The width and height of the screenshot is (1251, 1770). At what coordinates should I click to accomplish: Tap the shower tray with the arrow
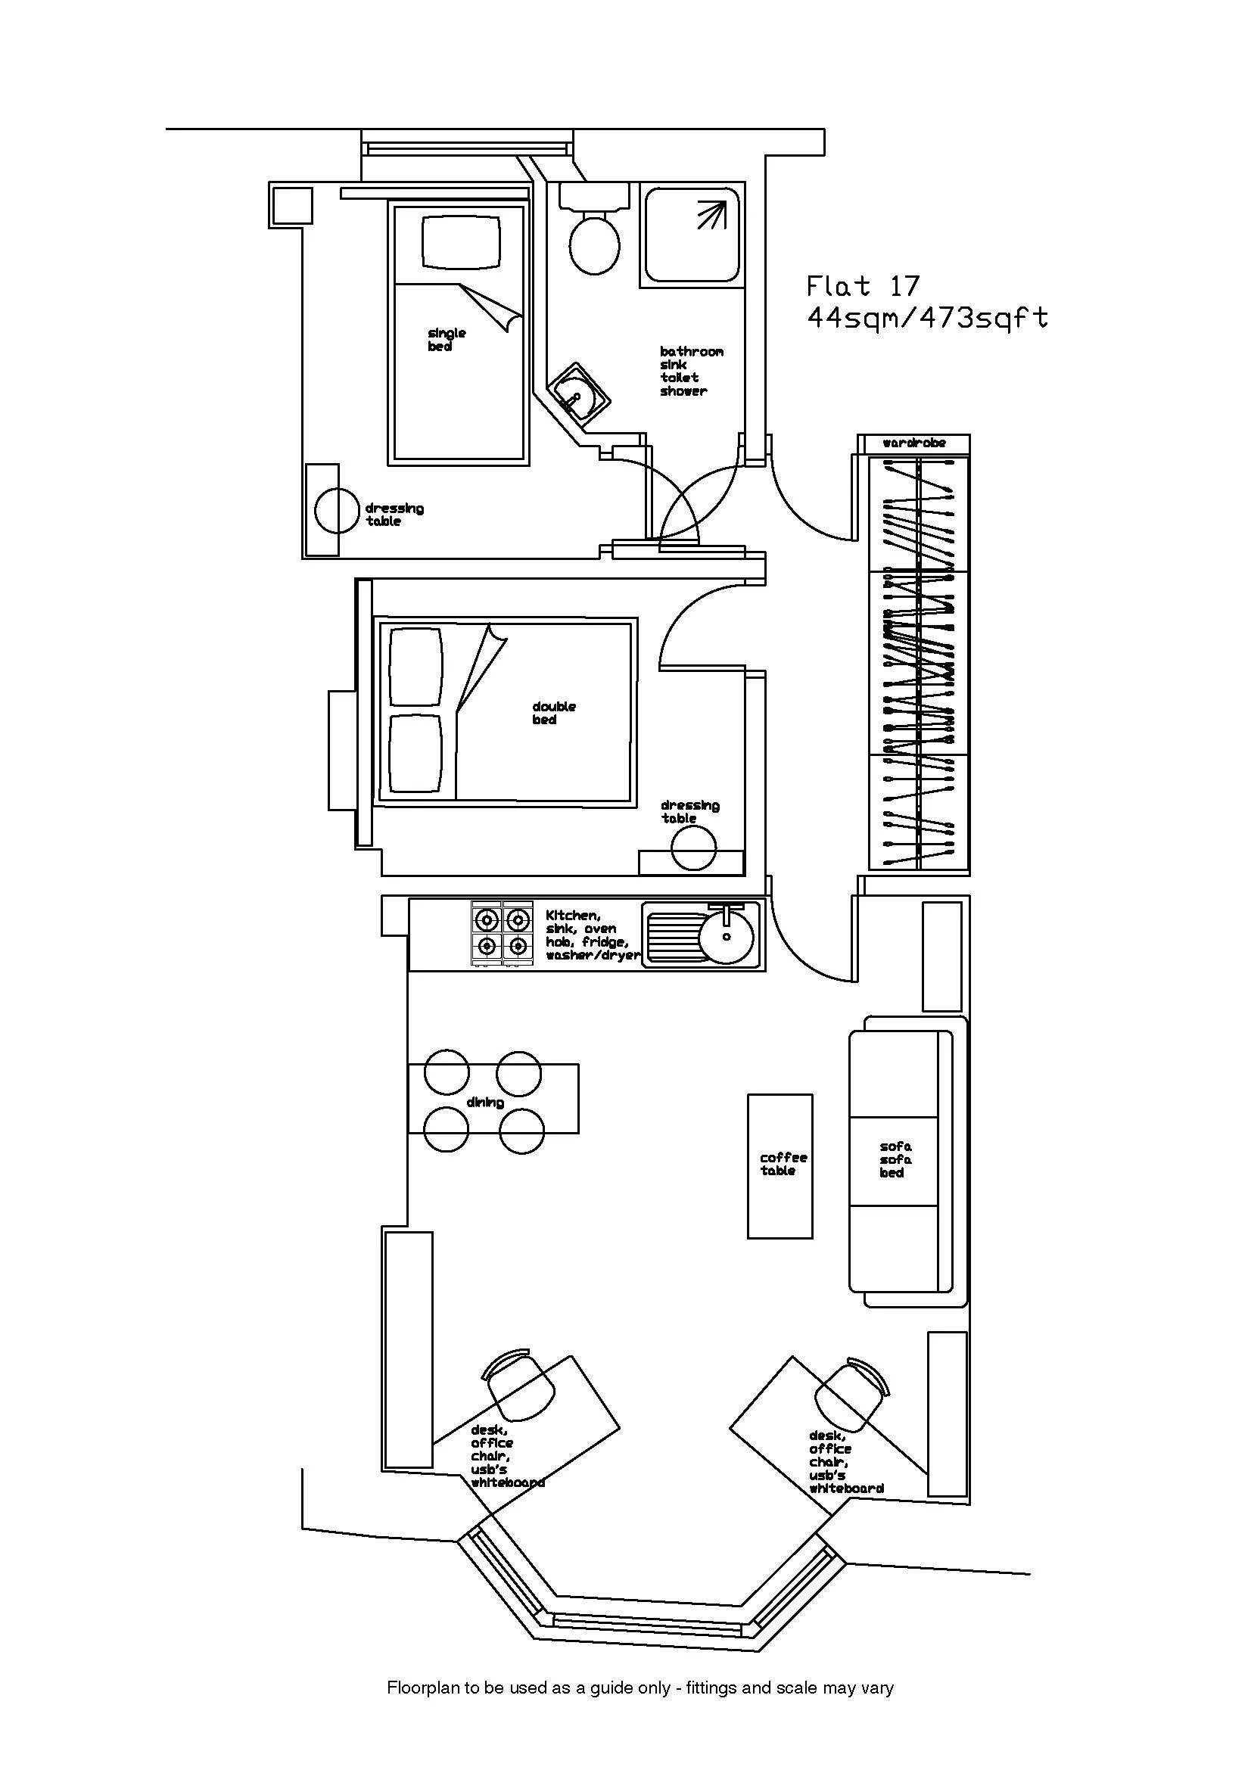(x=692, y=235)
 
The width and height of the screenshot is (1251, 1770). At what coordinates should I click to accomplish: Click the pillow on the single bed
(x=461, y=241)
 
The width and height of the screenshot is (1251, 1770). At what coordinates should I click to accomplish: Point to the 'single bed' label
(x=447, y=340)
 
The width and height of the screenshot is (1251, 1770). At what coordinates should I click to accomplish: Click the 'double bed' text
(x=553, y=713)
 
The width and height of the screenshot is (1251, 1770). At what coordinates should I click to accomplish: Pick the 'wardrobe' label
(x=913, y=443)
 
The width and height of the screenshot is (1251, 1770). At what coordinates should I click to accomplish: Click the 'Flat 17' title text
(x=864, y=287)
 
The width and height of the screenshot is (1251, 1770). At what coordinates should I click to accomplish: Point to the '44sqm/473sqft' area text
(x=927, y=318)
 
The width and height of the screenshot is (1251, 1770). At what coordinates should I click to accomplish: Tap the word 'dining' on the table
(x=485, y=1103)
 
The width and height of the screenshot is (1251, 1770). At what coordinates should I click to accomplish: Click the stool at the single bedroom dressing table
(x=337, y=510)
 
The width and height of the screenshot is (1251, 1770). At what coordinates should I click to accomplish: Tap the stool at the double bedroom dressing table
(x=693, y=848)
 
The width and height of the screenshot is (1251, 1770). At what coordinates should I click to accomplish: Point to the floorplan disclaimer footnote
(x=640, y=1688)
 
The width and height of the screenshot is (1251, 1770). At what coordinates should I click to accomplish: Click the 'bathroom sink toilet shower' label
(x=691, y=371)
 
